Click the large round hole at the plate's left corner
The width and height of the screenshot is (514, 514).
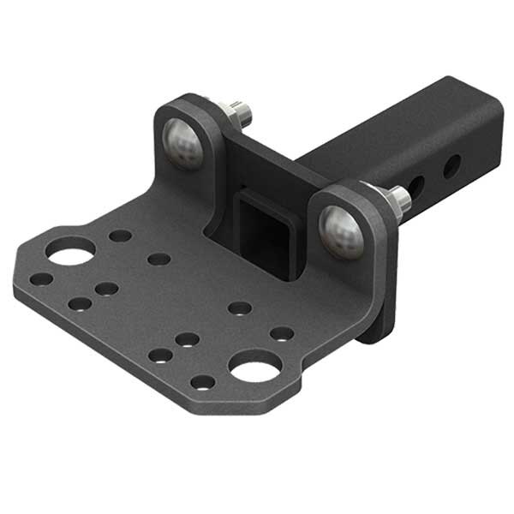pyautogui.click(x=70, y=251)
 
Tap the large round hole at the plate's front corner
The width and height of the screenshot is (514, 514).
pyautogui.click(x=254, y=366)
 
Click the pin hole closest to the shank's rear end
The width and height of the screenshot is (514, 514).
pyautogui.click(x=451, y=164)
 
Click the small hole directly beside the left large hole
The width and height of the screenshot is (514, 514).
pyautogui.click(x=121, y=236)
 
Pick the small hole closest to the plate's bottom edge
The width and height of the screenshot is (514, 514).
pyautogui.click(x=202, y=382)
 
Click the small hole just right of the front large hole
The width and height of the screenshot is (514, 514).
pyautogui.click(x=282, y=333)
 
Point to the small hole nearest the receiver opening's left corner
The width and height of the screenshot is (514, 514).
pyautogui.click(x=158, y=258)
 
